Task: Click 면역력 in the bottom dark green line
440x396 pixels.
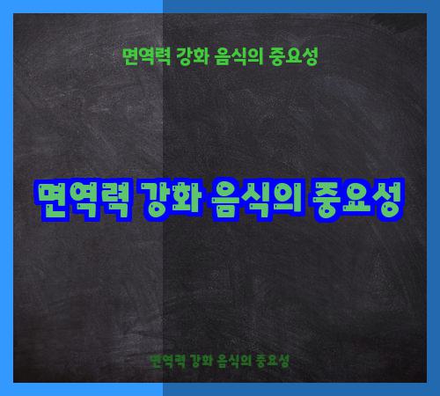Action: tap(166, 362)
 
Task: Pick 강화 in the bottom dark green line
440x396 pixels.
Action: tap(202, 362)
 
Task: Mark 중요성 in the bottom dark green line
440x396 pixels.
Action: tap(273, 362)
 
